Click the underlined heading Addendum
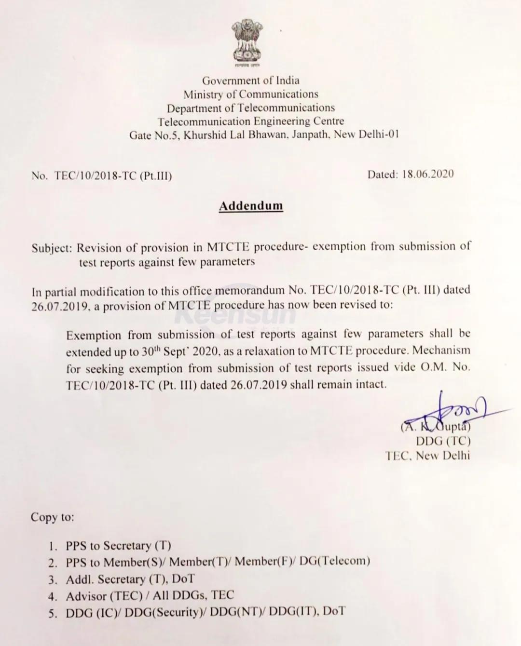pos(251,206)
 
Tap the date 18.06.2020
pos(427,175)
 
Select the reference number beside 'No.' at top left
pos(113,176)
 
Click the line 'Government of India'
pos(250,81)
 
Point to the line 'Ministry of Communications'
pos(250,94)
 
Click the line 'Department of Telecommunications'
pos(250,108)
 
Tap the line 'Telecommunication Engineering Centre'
pos(250,121)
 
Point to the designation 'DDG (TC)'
pos(443,441)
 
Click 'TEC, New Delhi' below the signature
pos(427,456)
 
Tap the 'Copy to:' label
pos(53,517)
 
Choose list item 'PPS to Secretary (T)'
pos(118,546)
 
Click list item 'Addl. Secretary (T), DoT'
pos(130,579)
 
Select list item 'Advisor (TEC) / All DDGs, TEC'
pos(150,595)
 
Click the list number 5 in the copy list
pos(53,613)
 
